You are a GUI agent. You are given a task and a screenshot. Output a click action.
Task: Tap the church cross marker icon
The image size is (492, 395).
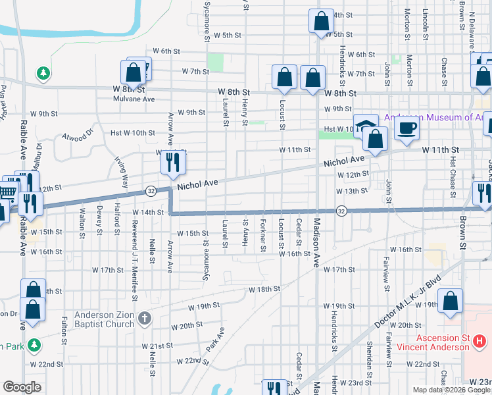point(145,319)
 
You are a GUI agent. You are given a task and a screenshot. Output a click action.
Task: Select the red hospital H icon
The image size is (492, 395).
point(480,342)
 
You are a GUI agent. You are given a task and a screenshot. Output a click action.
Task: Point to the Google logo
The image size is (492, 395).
point(22,387)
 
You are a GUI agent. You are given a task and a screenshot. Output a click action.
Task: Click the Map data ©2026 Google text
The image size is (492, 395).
point(451,390)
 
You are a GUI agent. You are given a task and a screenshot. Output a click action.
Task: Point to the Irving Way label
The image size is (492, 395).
point(120,172)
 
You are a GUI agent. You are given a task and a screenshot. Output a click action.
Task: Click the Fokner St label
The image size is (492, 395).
point(262,235)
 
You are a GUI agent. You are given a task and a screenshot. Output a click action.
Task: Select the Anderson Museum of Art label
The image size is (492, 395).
point(433,117)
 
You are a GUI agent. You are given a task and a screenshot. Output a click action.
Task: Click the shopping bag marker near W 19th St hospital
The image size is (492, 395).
point(451,300)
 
